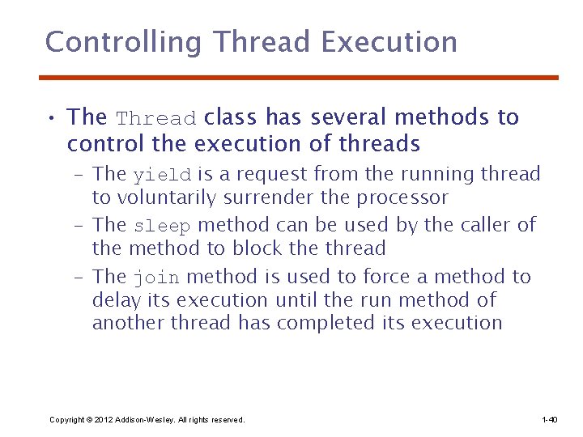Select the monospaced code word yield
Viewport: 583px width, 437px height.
162,175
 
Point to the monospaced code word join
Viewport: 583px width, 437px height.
156,278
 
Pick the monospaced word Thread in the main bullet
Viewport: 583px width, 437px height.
156,119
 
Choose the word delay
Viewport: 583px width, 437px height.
115,300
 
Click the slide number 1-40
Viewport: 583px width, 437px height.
549,420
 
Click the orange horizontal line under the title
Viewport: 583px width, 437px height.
300,78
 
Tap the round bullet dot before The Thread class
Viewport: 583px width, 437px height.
51,119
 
